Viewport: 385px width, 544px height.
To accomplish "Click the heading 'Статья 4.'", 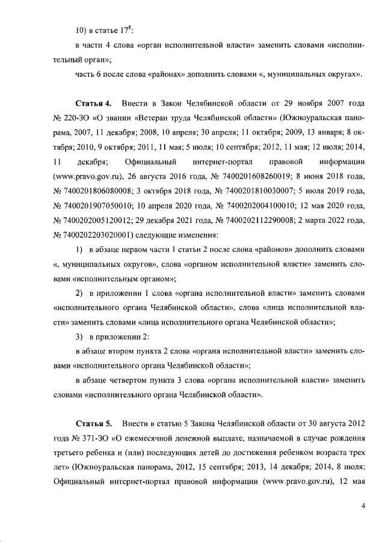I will click(x=94, y=106).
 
